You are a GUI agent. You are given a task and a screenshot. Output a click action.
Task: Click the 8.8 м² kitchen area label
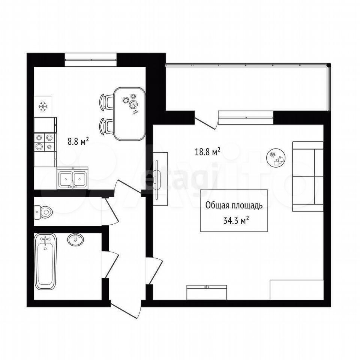click(78, 141)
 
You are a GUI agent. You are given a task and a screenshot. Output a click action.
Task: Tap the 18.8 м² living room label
click(207, 152)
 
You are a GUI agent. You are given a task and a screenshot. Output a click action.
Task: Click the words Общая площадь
click(234, 205)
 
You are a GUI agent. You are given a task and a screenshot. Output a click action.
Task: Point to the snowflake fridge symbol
click(43, 106)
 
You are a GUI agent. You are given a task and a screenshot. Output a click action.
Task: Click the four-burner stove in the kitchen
click(45, 142)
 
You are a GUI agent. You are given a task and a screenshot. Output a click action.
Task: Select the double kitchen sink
click(72, 178)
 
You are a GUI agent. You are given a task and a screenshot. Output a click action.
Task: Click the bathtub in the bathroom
click(45, 261)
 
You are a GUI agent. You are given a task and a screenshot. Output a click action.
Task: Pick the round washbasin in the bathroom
click(75, 240)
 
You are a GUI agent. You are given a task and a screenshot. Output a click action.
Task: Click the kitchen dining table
click(129, 114)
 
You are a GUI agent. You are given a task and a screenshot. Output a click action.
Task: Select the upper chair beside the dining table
click(106, 102)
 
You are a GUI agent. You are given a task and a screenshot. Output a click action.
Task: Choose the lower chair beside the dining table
click(106, 126)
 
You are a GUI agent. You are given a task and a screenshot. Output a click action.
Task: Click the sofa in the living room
click(307, 177)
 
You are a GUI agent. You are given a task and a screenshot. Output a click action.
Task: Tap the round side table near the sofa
click(276, 158)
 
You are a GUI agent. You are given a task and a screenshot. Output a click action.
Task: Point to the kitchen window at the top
click(91, 60)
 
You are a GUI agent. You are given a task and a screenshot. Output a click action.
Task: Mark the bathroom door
click(110, 264)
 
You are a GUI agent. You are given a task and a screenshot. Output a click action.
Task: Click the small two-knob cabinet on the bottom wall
click(207, 292)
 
